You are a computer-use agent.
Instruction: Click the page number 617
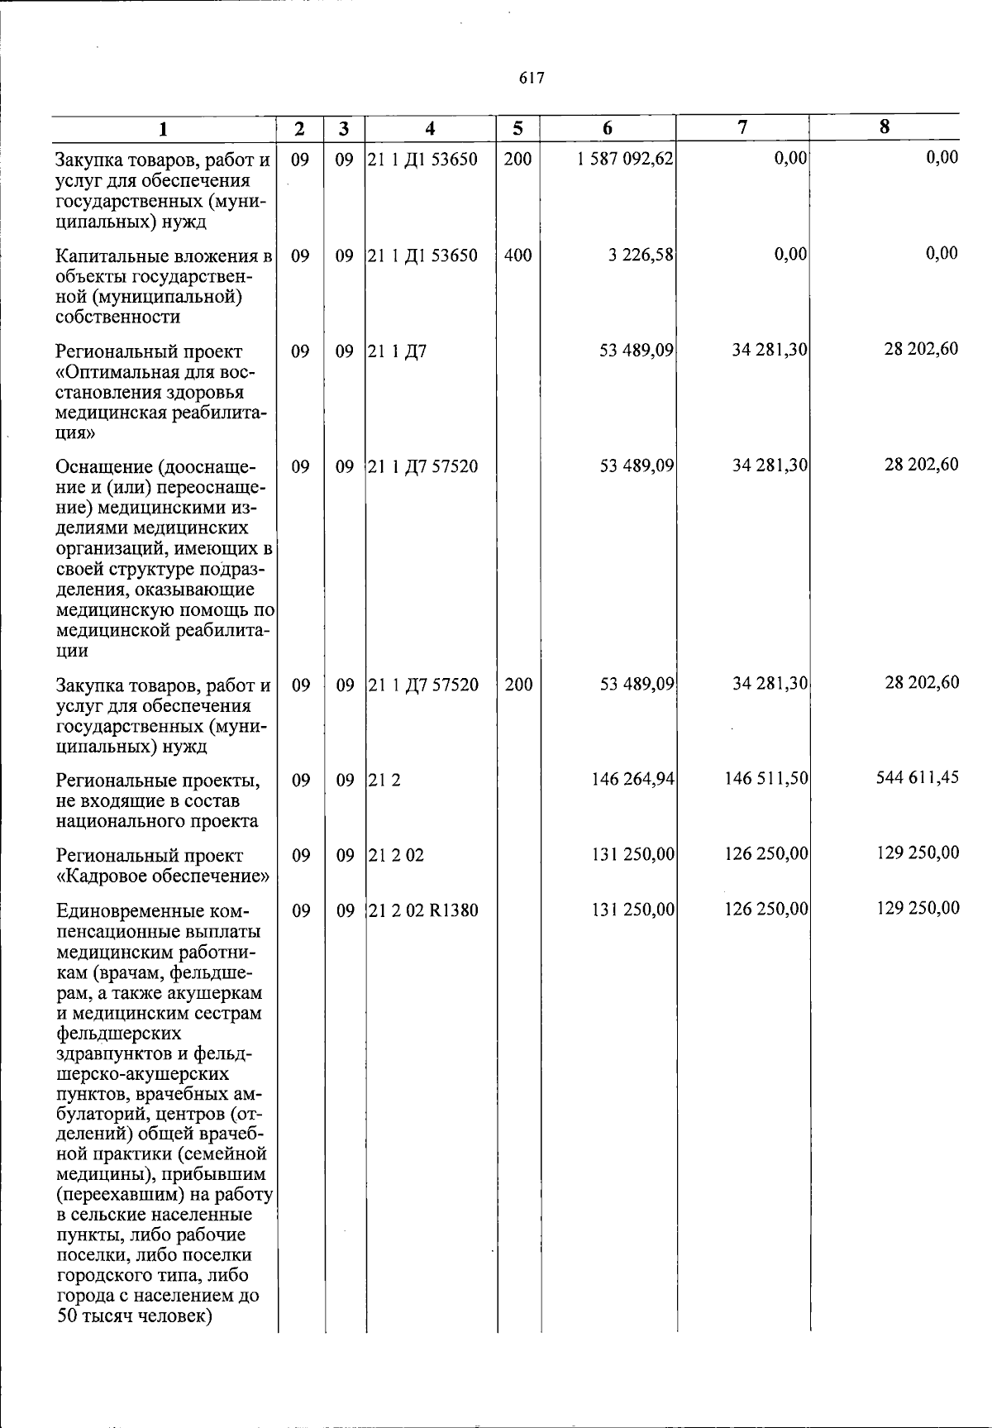pyautogui.click(x=532, y=78)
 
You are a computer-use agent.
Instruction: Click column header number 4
pyautogui.click(x=430, y=129)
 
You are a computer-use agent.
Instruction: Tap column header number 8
pyautogui.click(x=885, y=127)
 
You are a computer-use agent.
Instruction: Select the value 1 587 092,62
pyautogui.click(x=626, y=159)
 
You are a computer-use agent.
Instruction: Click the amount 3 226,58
pyautogui.click(x=641, y=256)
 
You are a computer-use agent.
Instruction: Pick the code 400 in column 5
pyautogui.click(x=517, y=256)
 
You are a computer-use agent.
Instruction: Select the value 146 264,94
pyautogui.click(x=633, y=779)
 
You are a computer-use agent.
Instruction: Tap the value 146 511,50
pyautogui.click(x=766, y=779)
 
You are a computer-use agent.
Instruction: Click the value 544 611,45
pyautogui.click(x=918, y=777)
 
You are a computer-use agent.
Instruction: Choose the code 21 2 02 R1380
pyautogui.click(x=422, y=910)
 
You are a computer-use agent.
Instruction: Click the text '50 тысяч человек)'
pyautogui.click(x=135, y=1316)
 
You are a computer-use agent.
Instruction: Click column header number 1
pyautogui.click(x=163, y=129)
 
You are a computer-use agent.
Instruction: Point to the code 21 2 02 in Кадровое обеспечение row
pyautogui.click(x=396, y=855)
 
